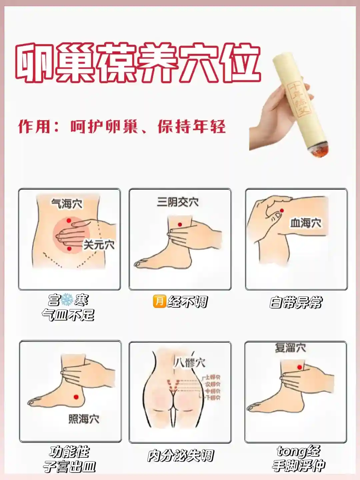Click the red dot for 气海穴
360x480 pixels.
pos(69,221)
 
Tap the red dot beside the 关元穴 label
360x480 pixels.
pos(69,249)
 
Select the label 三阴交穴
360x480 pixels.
pos(178,202)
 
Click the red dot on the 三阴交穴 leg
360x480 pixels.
pos(180,225)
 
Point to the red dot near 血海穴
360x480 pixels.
pos(282,211)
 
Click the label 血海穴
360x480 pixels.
pos(306,223)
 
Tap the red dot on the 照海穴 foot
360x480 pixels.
pos(76,397)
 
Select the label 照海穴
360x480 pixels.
pos(84,419)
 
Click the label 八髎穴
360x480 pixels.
pos(190,363)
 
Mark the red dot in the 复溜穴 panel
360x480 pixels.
pos(299,367)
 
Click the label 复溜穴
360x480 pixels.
pos(290,348)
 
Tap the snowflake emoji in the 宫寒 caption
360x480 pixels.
pos(67,300)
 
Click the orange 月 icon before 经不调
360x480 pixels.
pos(159,301)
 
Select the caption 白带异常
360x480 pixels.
pos(296,303)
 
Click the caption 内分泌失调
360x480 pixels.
pos(180,456)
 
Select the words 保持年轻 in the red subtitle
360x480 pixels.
pos(192,127)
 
